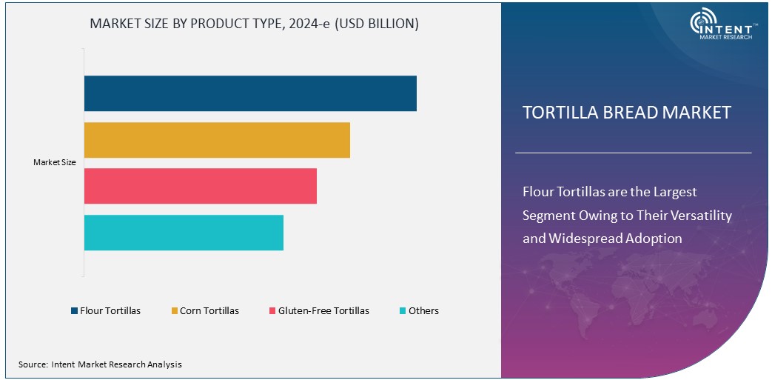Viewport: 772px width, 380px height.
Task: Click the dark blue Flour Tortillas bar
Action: click(x=250, y=93)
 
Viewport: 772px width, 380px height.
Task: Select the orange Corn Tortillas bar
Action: click(x=217, y=140)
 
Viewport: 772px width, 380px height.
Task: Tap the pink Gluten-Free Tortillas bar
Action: click(x=200, y=186)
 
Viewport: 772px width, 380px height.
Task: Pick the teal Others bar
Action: click(x=184, y=233)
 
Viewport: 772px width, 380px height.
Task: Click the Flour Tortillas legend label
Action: click(x=110, y=311)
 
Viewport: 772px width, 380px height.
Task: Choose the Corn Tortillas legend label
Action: click(x=209, y=311)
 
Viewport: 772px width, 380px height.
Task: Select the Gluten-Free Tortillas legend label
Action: click(x=323, y=311)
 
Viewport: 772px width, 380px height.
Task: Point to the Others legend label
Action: click(x=423, y=311)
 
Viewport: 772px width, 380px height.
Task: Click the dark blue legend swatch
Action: click(x=74, y=311)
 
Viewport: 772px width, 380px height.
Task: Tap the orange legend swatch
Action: click(x=174, y=311)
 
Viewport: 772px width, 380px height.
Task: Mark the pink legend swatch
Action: click(x=272, y=311)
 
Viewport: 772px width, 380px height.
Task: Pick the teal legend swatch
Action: click(x=402, y=311)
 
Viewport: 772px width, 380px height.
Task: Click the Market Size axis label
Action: click(x=54, y=162)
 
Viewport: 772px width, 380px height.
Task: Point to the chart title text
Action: click(x=254, y=24)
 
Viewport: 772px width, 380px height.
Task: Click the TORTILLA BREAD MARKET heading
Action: click(x=626, y=113)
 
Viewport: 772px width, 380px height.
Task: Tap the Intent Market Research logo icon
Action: click(x=703, y=21)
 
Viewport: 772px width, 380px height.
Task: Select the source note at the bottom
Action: click(x=100, y=364)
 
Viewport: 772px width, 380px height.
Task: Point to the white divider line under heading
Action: click(x=633, y=153)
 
